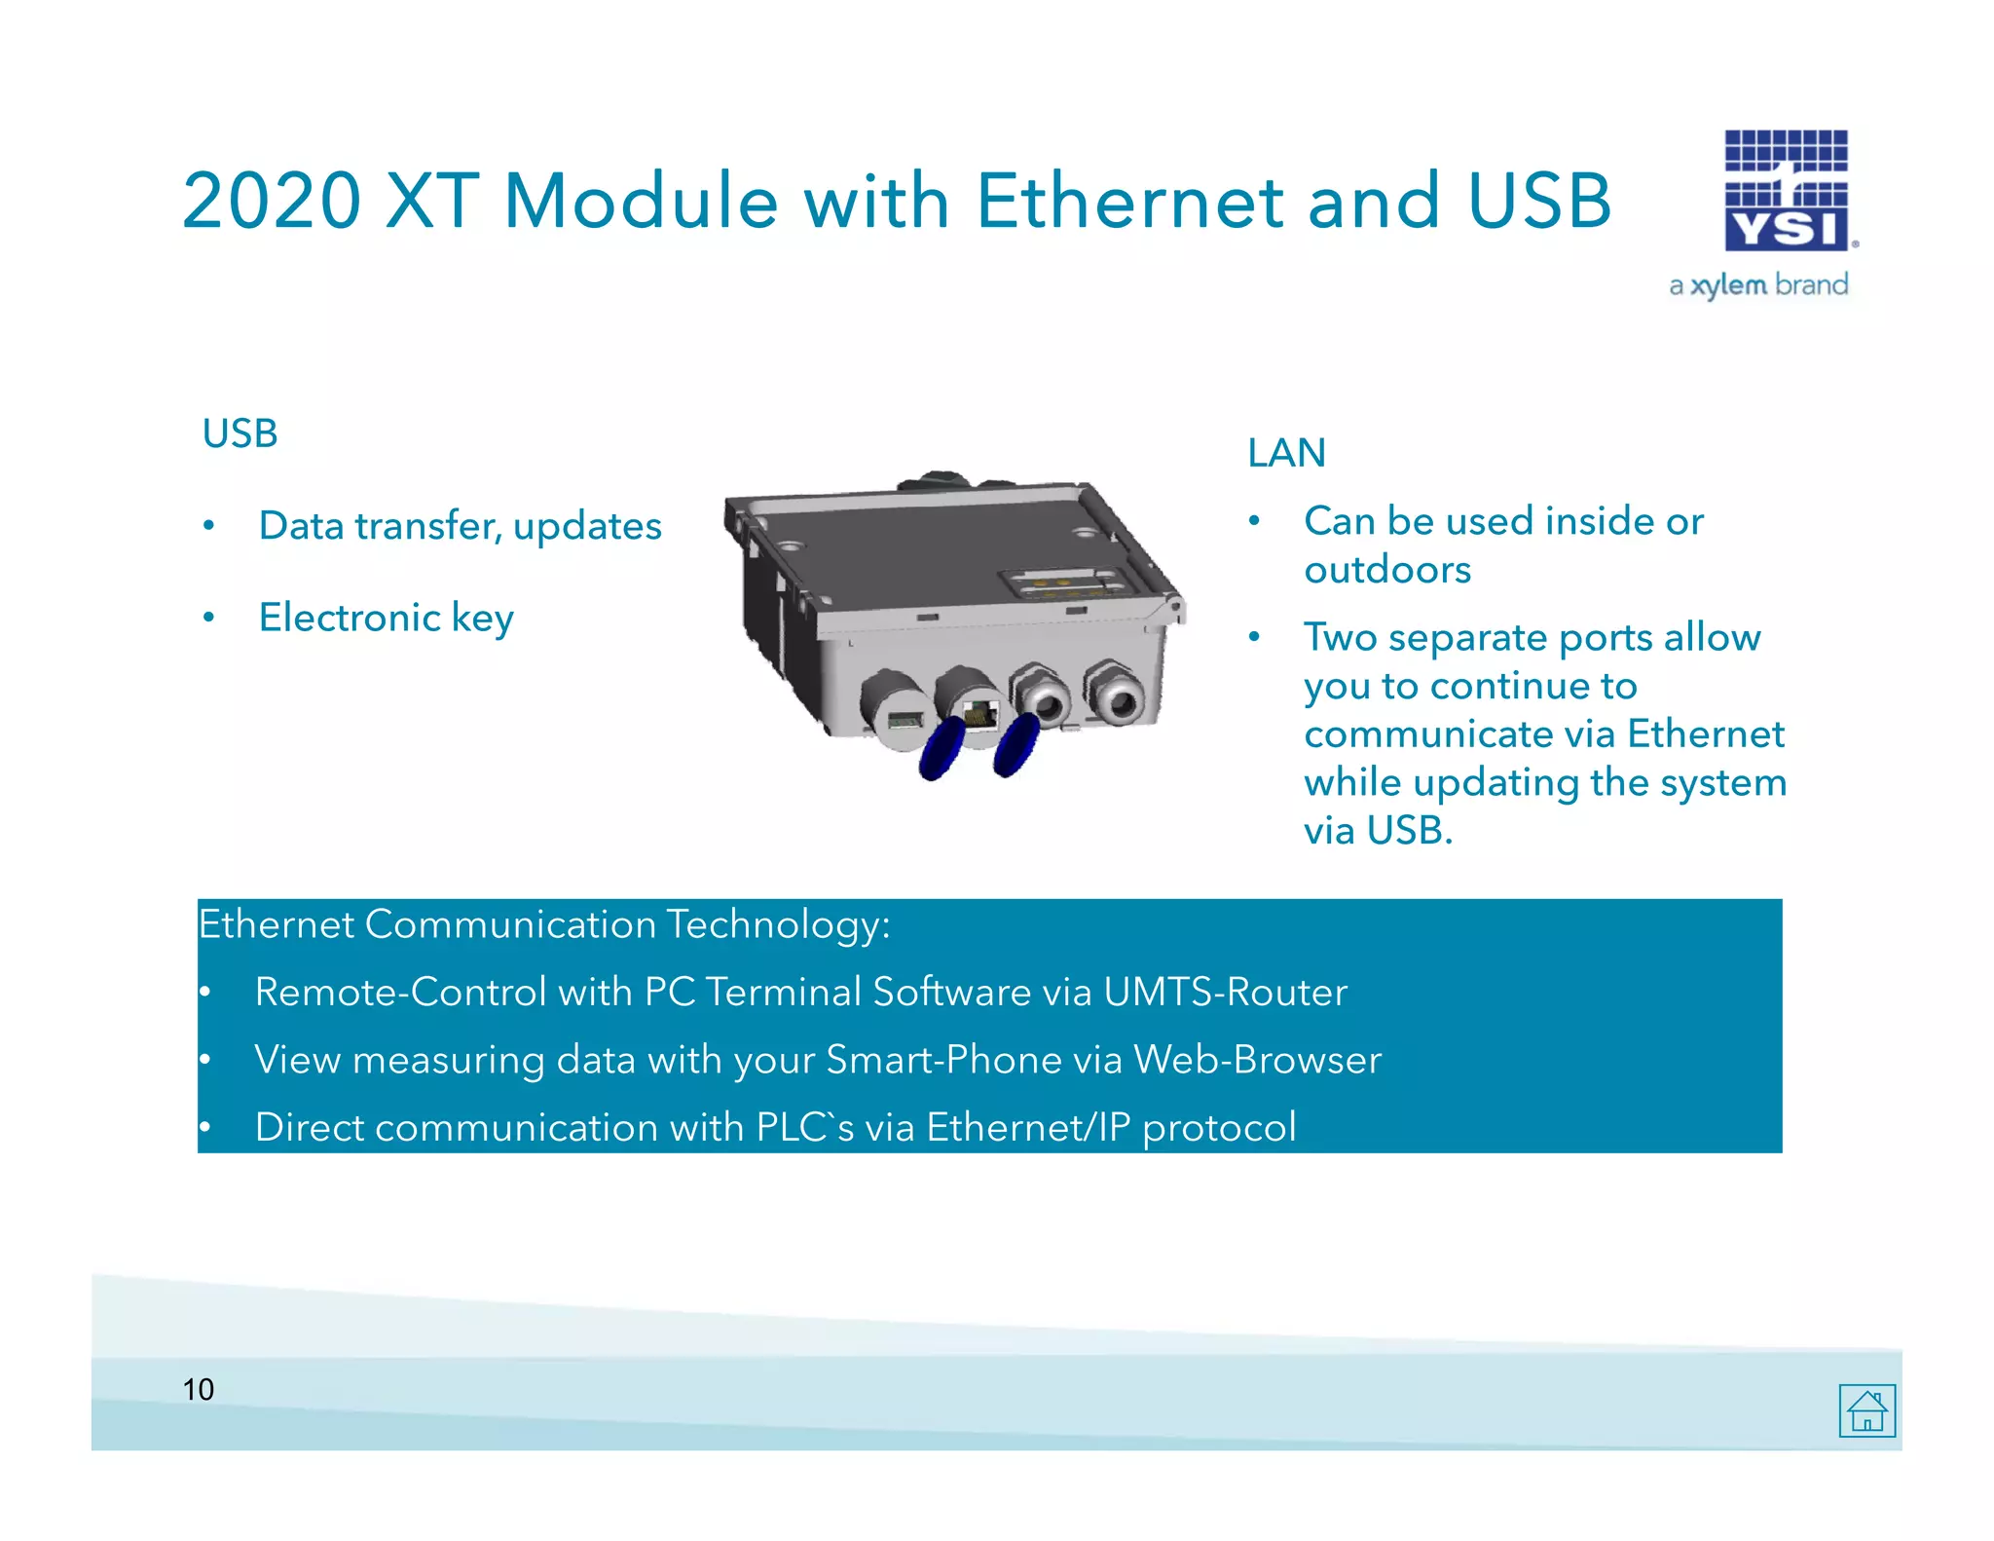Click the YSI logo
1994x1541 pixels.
[x=1787, y=191]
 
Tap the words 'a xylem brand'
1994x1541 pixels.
[x=1757, y=285]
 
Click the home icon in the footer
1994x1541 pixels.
[x=1866, y=1409]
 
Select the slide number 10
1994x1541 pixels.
[x=198, y=1389]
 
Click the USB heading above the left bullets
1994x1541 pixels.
[x=240, y=433]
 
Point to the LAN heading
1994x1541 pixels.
[x=1286, y=453]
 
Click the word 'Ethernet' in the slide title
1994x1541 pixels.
[x=1129, y=201]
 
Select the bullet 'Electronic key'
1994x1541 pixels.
[x=386, y=618]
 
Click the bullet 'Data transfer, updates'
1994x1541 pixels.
[x=460, y=526]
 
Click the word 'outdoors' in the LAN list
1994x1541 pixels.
[x=1387, y=570]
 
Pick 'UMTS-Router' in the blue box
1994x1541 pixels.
[x=1225, y=992]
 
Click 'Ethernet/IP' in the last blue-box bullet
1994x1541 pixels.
[x=1028, y=1127]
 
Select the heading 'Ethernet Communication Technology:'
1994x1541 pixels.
[x=543, y=924]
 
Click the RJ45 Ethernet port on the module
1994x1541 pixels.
[x=979, y=713]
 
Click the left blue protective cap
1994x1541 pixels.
[x=942, y=748]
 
